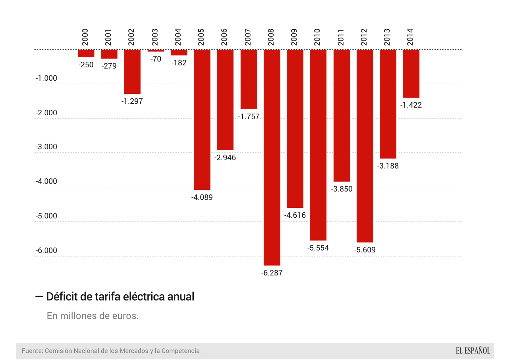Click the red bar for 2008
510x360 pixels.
point(272,157)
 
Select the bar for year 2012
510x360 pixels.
point(365,146)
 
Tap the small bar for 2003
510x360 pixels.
point(156,50)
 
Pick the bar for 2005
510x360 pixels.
point(202,120)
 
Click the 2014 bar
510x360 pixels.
point(411,73)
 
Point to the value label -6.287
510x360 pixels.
point(272,273)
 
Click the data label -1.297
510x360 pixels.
point(132,101)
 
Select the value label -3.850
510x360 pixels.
point(342,189)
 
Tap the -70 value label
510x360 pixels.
point(156,59)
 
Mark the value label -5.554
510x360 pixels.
point(318,248)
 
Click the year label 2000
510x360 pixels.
point(85,37)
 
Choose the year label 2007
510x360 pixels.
point(248,37)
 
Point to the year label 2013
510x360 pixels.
point(387,37)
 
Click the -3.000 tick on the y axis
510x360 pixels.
point(46,147)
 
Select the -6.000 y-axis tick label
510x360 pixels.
point(46,250)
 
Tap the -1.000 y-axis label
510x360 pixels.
point(46,78)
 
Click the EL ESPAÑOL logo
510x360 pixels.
point(473,351)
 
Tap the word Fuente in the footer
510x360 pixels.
point(32,351)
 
